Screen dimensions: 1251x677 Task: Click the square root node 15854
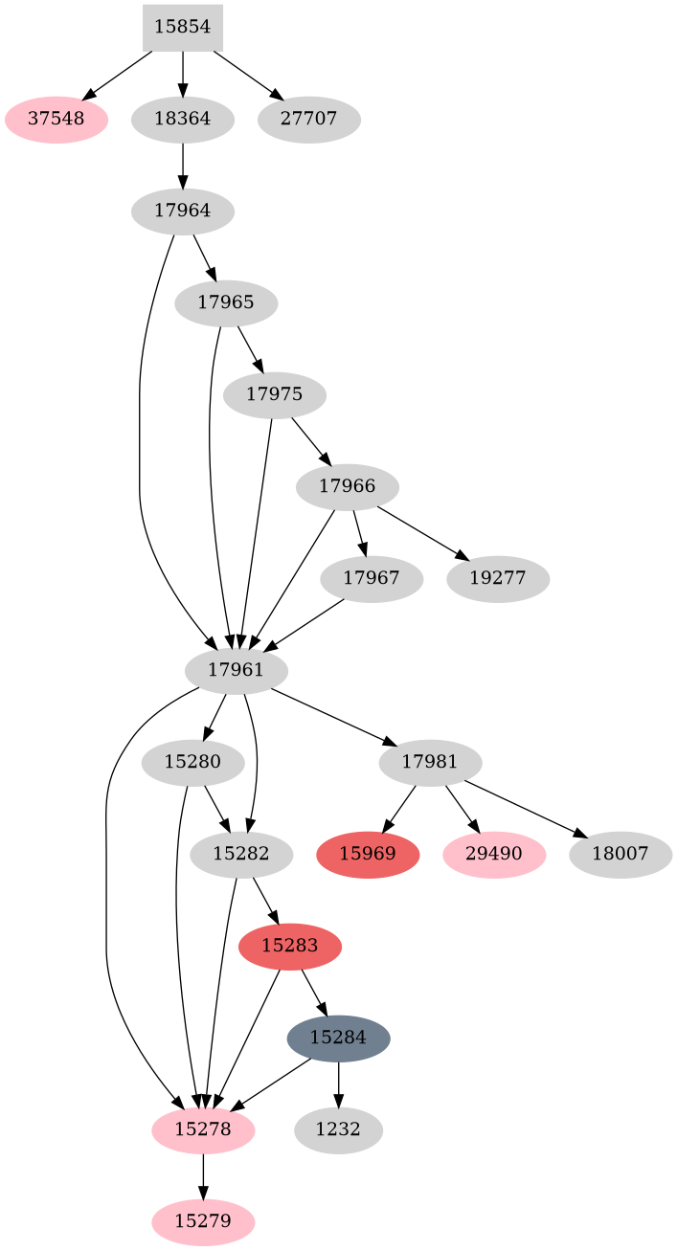point(183,27)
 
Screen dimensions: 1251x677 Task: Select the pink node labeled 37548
point(56,120)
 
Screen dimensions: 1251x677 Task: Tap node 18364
point(183,120)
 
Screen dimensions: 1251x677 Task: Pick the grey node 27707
point(308,120)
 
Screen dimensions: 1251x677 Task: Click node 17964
point(183,211)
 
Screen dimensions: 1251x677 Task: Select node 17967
point(372,579)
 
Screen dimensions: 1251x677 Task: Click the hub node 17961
point(236,669)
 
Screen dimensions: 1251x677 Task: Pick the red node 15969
point(368,854)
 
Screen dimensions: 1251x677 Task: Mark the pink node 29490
point(494,854)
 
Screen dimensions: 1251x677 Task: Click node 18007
point(621,854)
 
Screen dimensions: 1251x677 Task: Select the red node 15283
point(290,946)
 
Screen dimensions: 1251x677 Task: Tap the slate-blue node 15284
point(338,1038)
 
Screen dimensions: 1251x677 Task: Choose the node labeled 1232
point(338,1129)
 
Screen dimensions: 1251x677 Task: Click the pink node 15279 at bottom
point(203,1222)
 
